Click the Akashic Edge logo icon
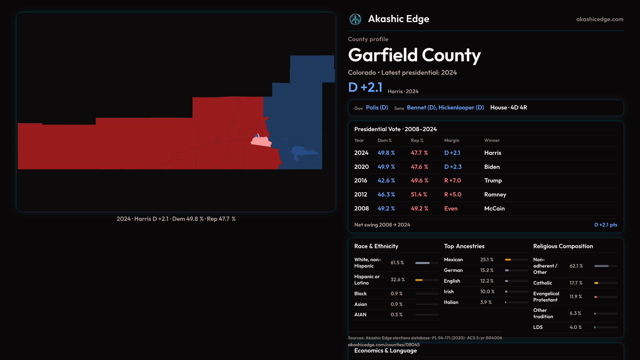355,19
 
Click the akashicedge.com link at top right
600,19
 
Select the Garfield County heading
414,55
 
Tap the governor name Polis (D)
377,108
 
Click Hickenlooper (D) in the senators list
461,108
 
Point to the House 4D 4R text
509,108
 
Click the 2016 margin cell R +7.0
452,181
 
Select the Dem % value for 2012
386,195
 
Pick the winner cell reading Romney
495,195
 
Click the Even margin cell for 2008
451,209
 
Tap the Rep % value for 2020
419,167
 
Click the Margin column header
452,141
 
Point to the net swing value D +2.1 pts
605,225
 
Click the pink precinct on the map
261,142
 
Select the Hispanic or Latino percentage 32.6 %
398,280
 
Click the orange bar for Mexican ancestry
508,260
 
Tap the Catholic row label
543,283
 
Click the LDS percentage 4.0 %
576,327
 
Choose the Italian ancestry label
451,302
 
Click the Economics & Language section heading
385,351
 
